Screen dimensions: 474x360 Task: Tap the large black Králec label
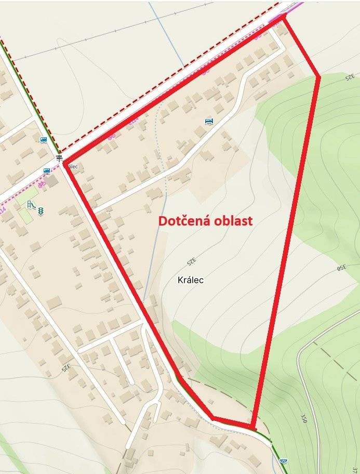190,280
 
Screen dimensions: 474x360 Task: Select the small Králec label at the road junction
72,166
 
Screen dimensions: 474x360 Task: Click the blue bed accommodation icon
209,122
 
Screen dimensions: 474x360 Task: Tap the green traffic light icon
40,210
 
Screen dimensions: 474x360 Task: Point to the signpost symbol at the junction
59,157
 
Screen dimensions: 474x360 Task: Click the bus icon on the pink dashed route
47,170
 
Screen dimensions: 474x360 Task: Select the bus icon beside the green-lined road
43,140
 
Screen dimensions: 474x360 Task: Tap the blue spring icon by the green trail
283,461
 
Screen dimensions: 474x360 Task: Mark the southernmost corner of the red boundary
253,428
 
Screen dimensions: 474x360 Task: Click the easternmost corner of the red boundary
318,77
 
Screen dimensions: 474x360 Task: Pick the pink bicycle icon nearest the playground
42,183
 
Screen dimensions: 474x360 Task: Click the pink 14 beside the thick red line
134,121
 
